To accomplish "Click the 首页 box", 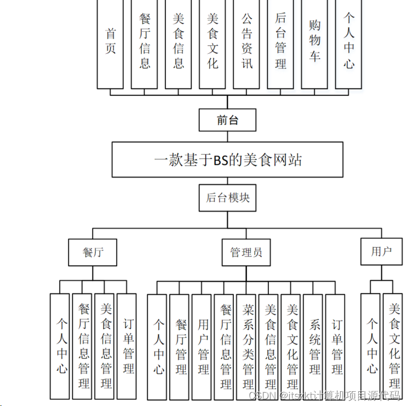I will tap(110, 44).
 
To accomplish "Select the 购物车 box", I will tap(314, 44).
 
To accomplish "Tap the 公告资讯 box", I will tap(246, 44).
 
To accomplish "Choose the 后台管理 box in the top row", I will tap(280, 44).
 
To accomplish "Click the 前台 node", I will tap(227, 120).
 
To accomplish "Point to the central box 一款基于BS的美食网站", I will tap(227, 159).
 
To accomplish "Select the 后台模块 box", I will tap(227, 198).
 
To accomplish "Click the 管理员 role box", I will tap(246, 252).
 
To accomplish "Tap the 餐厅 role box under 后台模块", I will tap(93, 252).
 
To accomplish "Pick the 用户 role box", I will tap(381, 251).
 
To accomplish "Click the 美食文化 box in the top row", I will tap(212, 44).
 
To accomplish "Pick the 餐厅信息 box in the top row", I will tap(145, 44).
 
